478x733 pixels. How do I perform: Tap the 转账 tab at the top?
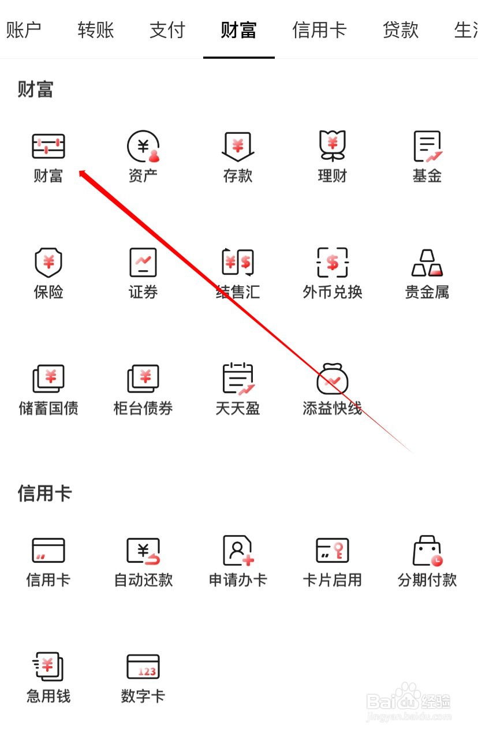coord(96,30)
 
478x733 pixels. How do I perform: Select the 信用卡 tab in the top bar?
coord(319,30)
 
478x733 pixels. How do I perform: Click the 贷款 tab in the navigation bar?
coord(400,30)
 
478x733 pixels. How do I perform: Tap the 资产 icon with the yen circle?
coord(143,147)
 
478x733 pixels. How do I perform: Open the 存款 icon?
coord(238,147)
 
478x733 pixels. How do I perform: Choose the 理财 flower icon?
coord(333,147)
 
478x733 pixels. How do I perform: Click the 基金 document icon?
coord(427,147)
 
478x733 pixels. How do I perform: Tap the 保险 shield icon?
coord(48,263)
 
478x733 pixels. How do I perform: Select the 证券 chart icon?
coord(143,263)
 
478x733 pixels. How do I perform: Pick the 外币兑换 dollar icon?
coord(333,263)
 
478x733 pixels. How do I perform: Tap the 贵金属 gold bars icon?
coord(427,263)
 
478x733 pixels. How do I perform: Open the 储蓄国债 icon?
coord(48,379)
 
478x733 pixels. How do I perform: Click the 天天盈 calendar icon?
coord(238,379)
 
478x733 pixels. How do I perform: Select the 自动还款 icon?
coord(143,551)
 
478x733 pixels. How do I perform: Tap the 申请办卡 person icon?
coord(238,551)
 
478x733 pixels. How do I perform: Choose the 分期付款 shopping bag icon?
coord(427,551)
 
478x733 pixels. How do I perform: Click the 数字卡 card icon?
coord(143,667)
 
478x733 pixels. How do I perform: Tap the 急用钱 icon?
coord(48,667)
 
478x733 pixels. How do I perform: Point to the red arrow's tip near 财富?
coord(81,171)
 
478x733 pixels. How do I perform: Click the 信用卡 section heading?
coord(44,493)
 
